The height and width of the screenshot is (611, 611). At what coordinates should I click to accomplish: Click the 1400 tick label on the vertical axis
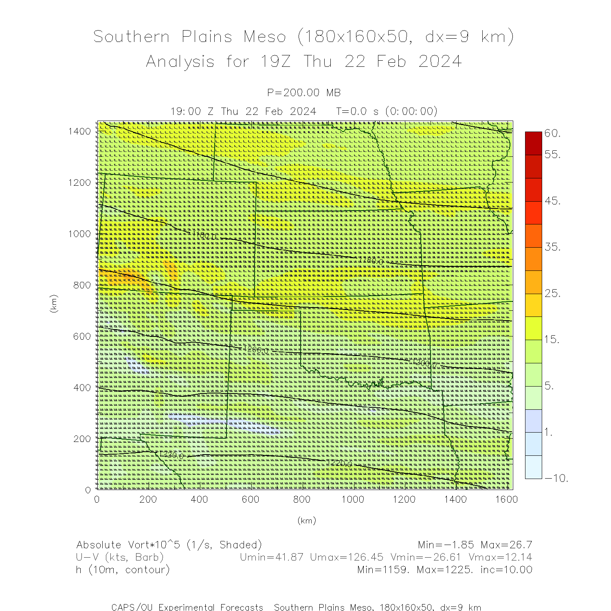click(x=79, y=131)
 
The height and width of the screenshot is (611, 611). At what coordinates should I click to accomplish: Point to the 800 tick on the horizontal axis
click(x=302, y=499)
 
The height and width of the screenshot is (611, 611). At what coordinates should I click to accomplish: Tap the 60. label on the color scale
click(x=553, y=133)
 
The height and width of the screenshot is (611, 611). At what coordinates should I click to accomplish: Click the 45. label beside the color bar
click(x=553, y=201)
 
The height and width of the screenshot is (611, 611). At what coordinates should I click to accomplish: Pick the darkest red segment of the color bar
click(x=533, y=143)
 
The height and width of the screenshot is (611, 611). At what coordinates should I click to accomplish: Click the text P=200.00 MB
click(x=304, y=93)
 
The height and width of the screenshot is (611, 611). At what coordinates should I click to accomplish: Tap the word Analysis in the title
click(x=180, y=62)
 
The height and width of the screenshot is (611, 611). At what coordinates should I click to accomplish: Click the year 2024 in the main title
click(x=440, y=62)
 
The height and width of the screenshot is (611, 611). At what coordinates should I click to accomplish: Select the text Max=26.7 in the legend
click(x=506, y=545)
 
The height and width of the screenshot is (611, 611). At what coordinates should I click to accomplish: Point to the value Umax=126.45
click(x=347, y=557)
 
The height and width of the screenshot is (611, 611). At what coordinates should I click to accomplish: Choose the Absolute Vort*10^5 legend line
click(x=169, y=545)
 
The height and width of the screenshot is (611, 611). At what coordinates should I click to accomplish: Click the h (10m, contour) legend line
click(x=123, y=569)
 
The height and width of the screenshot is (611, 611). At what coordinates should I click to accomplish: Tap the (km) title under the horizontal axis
click(x=306, y=521)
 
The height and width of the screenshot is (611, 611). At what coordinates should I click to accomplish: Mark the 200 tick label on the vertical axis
click(x=82, y=439)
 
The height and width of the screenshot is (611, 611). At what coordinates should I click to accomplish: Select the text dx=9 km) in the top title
click(x=469, y=37)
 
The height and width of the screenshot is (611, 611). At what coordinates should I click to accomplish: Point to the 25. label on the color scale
click(x=553, y=293)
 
